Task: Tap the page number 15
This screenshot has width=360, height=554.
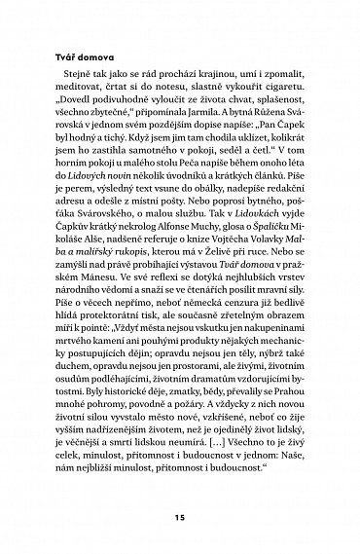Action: tap(180, 515)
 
